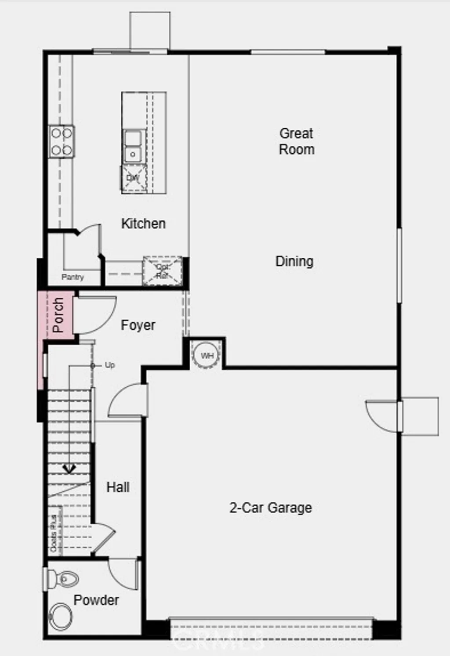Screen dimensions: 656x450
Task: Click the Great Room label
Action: click(x=297, y=141)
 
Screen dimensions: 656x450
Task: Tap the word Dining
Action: click(x=294, y=261)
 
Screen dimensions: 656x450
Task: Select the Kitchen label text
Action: click(x=143, y=223)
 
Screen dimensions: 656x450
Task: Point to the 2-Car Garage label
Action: click(x=271, y=508)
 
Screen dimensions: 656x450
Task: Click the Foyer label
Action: click(x=138, y=325)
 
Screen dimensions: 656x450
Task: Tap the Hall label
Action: click(x=118, y=487)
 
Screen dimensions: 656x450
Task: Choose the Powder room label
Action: click(x=96, y=600)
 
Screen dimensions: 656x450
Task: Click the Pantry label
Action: click(x=73, y=277)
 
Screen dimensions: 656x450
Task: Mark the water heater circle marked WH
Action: click(x=207, y=356)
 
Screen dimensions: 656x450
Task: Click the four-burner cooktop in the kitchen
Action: click(x=62, y=141)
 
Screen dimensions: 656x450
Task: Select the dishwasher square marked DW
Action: click(x=133, y=178)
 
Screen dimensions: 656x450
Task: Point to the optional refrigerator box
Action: click(x=162, y=271)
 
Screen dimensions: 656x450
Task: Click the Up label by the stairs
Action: click(x=109, y=365)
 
